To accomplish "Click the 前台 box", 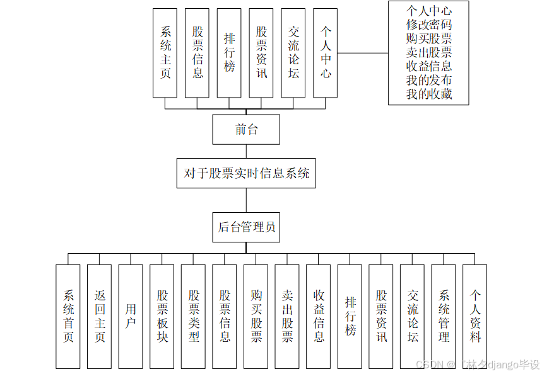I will (x=246, y=130).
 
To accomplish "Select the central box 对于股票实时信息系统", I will (x=246, y=173).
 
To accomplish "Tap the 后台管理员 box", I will (x=246, y=227).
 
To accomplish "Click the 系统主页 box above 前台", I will (x=165, y=53).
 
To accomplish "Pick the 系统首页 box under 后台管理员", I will (x=68, y=316).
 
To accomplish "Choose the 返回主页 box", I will (x=100, y=316).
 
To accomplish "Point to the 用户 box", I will (x=131, y=316).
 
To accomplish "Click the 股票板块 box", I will (x=162, y=316).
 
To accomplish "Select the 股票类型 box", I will (x=193, y=316).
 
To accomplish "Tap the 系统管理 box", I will (x=444, y=316).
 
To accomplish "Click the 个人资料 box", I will (x=474, y=316).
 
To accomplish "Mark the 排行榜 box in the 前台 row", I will (x=229, y=53).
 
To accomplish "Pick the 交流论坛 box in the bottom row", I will (x=412, y=316).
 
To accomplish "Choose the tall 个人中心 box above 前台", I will (x=325, y=53).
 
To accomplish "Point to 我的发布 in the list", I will (x=429, y=81).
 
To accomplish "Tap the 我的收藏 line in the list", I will (x=429, y=94).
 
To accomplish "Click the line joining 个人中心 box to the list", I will (x=363, y=53).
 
